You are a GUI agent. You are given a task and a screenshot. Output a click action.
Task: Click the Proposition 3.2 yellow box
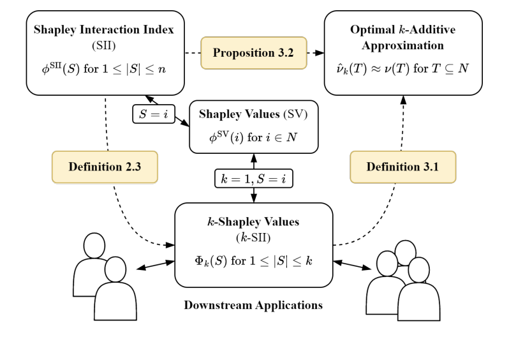tap(253, 53)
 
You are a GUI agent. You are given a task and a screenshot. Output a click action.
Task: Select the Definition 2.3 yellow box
tap(105, 167)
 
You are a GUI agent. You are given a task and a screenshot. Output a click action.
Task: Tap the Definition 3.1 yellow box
tap(402, 167)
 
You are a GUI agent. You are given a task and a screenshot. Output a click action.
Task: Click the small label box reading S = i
tap(154, 114)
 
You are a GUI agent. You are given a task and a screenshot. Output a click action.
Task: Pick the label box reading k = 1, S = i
tap(253, 179)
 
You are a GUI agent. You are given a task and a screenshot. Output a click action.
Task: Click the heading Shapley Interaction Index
tap(105, 29)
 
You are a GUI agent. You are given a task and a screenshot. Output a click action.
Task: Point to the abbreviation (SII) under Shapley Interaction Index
tap(105, 45)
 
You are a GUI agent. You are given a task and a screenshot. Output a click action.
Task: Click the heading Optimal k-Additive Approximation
tap(402, 38)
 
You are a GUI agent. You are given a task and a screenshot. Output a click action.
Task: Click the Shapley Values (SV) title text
tap(253, 114)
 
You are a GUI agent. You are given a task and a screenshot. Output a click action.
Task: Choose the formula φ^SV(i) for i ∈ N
tap(253, 137)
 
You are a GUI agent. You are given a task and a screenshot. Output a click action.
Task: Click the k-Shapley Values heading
tap(253, 222)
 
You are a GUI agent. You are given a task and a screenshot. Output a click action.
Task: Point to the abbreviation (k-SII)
tap(253, 237)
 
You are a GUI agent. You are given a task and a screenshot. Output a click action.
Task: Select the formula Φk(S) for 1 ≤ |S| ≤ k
tap(253, 261)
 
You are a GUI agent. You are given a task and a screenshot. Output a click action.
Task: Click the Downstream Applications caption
tap(253, 305)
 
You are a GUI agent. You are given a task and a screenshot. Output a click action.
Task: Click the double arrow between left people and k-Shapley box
tap(155, 264)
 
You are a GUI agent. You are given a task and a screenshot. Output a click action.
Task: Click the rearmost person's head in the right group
tap(405, 250)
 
